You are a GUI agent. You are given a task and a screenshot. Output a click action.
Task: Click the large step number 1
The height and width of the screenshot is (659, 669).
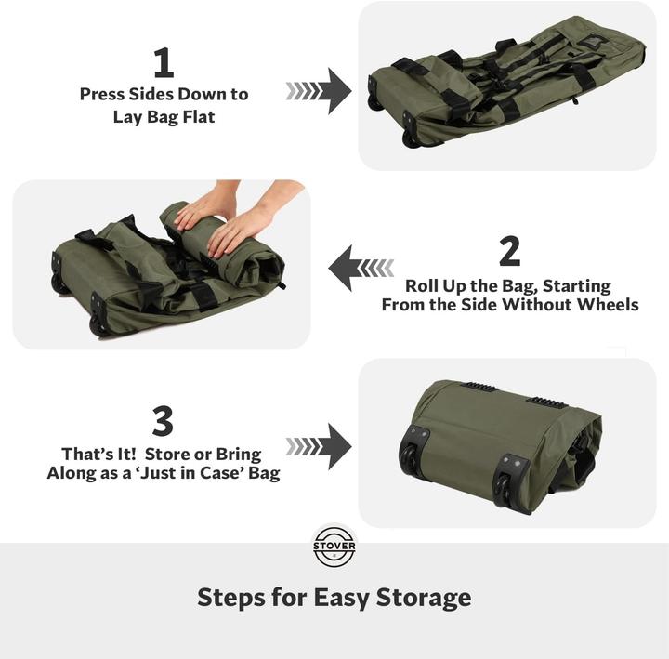tap(164, 63)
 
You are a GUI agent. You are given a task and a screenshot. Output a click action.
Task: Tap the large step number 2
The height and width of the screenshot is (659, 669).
tap(509, 252)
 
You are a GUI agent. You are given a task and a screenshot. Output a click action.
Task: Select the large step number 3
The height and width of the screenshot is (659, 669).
tap(163, 422)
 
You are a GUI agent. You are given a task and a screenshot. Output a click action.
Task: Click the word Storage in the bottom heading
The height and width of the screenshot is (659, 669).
tap(423, 597)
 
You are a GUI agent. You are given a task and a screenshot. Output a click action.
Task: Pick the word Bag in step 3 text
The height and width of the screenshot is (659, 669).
tap(261, 473)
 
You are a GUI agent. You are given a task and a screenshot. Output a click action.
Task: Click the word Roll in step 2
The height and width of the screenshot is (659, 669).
tap(424, 285)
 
